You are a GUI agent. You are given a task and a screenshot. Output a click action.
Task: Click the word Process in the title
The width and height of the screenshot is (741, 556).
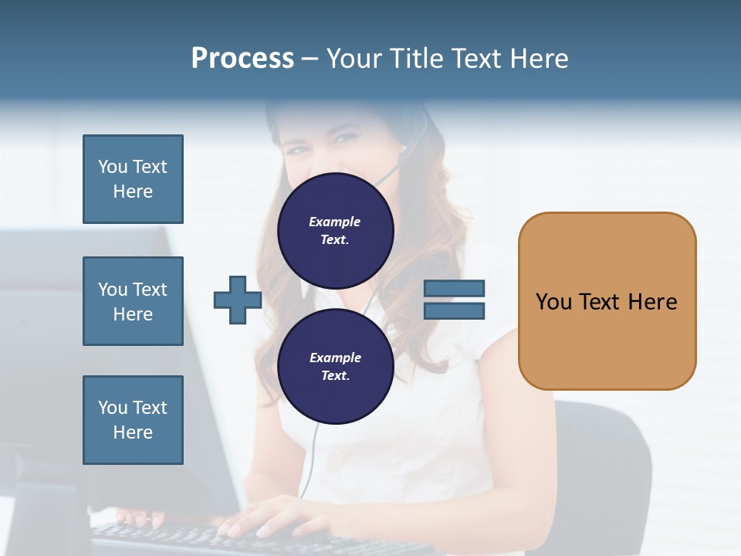242,59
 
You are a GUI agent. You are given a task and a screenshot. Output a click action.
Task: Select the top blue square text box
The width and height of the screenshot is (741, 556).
133,179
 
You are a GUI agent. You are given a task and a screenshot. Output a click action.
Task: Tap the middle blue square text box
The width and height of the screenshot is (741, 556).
133,301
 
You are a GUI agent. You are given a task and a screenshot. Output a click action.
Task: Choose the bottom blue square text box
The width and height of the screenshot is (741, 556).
133,419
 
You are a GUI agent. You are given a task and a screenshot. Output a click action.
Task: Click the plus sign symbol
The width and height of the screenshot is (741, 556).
238,300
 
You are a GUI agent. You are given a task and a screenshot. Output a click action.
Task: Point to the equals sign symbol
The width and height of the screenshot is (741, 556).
454,300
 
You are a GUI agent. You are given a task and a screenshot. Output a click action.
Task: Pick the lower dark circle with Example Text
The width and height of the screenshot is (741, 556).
335,366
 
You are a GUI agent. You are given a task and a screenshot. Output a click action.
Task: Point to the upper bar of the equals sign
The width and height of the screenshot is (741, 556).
454,288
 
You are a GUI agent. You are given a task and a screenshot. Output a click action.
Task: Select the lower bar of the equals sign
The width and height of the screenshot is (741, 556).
454,311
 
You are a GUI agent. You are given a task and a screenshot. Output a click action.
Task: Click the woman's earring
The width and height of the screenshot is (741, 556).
403,147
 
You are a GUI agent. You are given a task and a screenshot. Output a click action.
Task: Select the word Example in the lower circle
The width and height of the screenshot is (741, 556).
335,358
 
